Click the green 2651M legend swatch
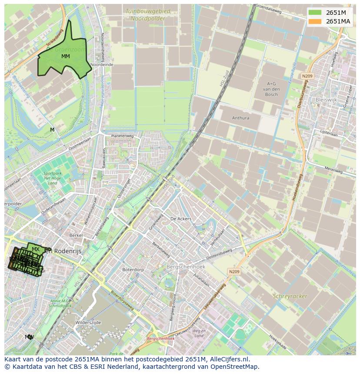(316, 13)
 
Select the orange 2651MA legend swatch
(316, 21)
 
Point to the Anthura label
(240, 118)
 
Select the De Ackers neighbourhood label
(181, 219)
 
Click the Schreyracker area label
(290, 296)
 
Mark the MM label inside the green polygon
(65, 56)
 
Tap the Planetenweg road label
(122, 136)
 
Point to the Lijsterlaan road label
(328, 132)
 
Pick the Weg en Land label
(200, 333)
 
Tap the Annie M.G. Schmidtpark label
(60, 303)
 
